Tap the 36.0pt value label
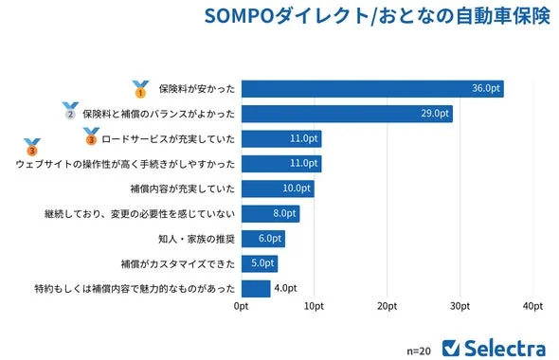486,89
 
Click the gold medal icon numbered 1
140,89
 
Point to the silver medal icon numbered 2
70,112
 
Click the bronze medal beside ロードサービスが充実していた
90,137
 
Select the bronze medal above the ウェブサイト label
32,147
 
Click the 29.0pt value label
435,114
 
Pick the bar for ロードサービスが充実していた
281,139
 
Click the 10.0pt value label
297,189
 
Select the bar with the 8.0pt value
270,213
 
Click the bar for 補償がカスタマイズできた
260,263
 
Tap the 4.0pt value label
285,288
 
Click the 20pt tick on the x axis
387,307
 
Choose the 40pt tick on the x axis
532,307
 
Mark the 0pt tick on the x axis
242,307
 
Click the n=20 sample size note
418,349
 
